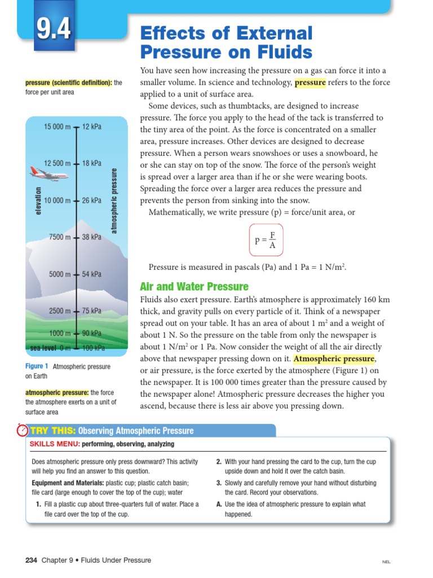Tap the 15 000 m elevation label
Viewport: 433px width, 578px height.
tap(58, 127)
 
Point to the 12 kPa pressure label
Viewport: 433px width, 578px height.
tap(92, 127)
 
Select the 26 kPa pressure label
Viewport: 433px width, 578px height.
tap(92, 200)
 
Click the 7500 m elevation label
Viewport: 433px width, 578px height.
tap(60, 237)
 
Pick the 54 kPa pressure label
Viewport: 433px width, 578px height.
tap(92, 274)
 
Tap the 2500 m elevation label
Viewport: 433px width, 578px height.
tap(60, 311)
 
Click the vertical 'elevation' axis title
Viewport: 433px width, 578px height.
tap(38, 200)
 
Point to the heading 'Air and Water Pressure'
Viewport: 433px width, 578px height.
tap(194, 287)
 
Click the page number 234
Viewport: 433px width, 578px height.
tap(31, 561)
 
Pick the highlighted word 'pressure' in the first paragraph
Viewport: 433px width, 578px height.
tap(310, 82)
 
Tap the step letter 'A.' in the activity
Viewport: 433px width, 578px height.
tap(219, 504)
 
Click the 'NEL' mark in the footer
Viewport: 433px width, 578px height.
tap(386, 562)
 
